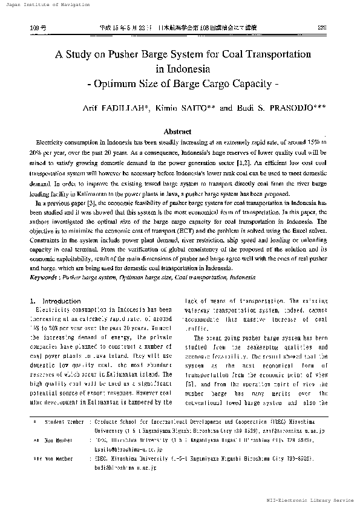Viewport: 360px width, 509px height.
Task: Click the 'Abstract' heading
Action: [x=179, y=131]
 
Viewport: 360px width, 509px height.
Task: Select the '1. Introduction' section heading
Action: [x=55, y=301]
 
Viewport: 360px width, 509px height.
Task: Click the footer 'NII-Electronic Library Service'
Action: [x=310, y=501]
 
